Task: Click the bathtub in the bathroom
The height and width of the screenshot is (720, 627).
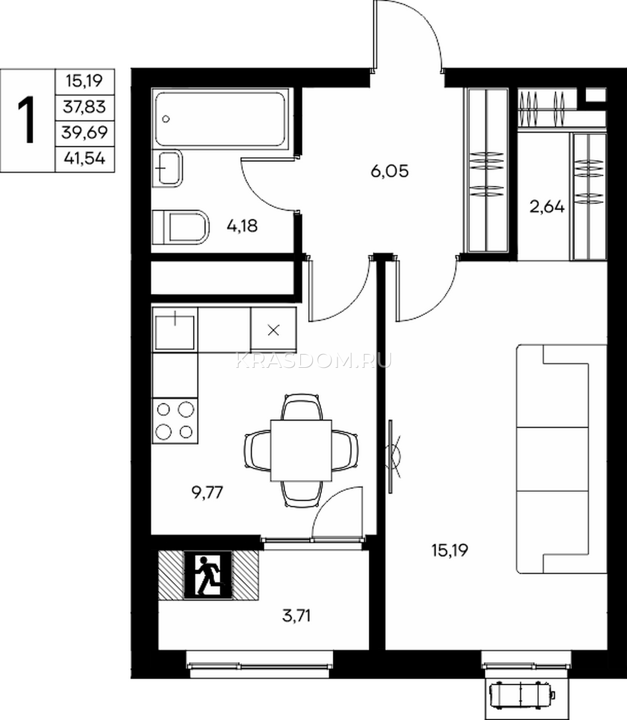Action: coord(221,119)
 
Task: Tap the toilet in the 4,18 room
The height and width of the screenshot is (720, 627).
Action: coord(180,227)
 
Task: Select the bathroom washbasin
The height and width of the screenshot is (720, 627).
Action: coord(167,168)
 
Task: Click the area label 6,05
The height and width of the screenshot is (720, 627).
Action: coord(390,172)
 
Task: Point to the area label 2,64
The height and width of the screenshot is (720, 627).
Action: coord(547,206)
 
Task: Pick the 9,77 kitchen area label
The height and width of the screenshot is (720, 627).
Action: coord(207,493)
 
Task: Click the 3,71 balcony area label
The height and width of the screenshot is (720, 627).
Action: coord(296,616)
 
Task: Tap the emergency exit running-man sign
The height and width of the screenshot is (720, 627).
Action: coord(209,575)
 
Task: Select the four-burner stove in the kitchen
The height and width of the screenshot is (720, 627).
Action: coord(175,421)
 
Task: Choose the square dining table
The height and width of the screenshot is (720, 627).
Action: coord(301,451)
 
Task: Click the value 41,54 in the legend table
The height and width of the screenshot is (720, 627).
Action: coord(85,159)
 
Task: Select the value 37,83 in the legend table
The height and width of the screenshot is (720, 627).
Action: coord(85,107)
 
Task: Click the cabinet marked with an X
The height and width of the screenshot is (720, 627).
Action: coord(273,330)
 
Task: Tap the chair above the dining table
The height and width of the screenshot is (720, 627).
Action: coord(302,407)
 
